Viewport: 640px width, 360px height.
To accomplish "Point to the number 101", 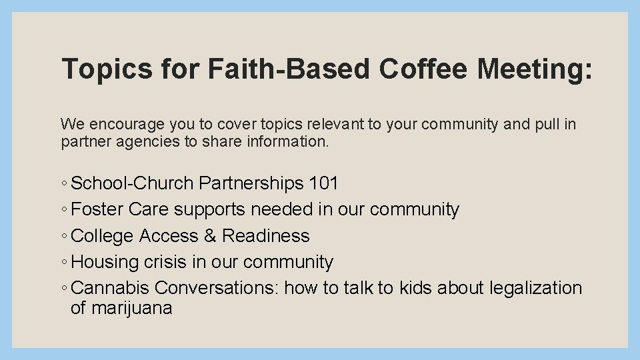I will pos(324,183).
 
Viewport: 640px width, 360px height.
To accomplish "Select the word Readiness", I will pos(266,236).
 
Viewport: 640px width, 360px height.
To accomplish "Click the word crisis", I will pos(166,262).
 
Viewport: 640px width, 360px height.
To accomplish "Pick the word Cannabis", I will pos(111,288).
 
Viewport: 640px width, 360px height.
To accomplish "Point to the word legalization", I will pos(535,288).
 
